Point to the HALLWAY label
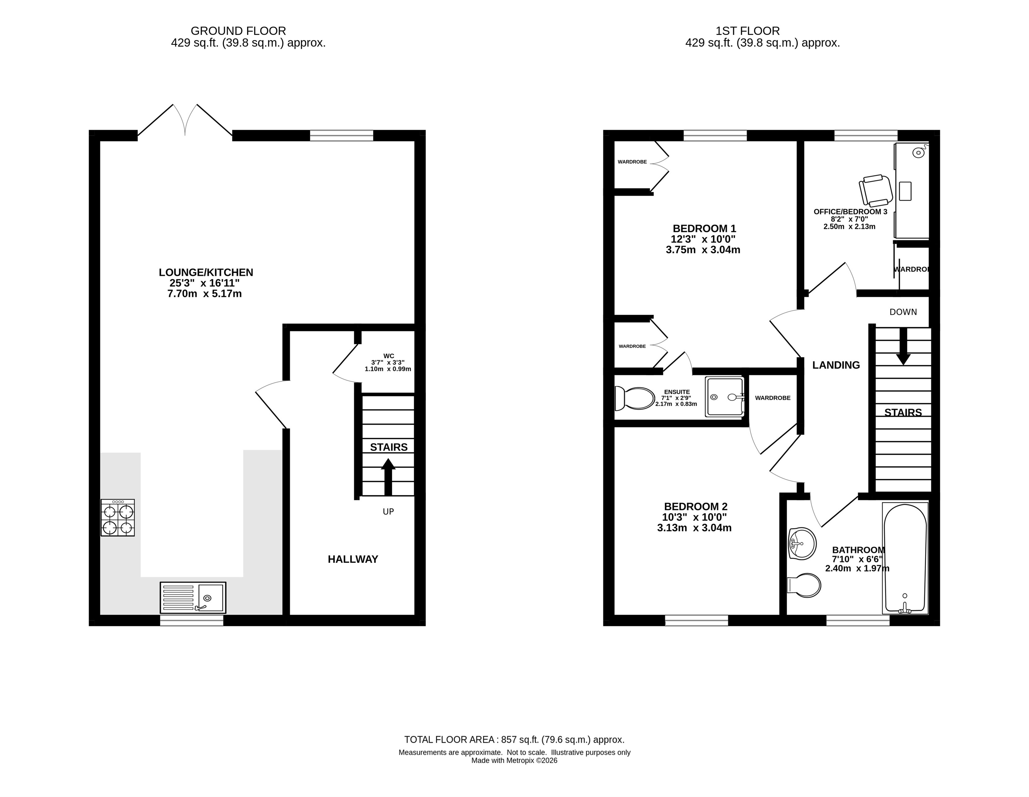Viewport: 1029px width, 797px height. click(x=353, y=559)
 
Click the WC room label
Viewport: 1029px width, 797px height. click(x=389, y=356)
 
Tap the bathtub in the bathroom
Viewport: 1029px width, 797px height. click(x=905, y=558)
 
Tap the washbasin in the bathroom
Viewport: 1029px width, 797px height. click(x=802, y=544)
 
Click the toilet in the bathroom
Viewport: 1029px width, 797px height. click(x=804, y=585)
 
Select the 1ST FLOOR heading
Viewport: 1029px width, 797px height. click(x=748, y=31)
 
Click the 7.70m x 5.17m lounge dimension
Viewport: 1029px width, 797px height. click(x=205, y=294)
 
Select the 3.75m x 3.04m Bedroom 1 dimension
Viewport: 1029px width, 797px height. click(x=703, y=250)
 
